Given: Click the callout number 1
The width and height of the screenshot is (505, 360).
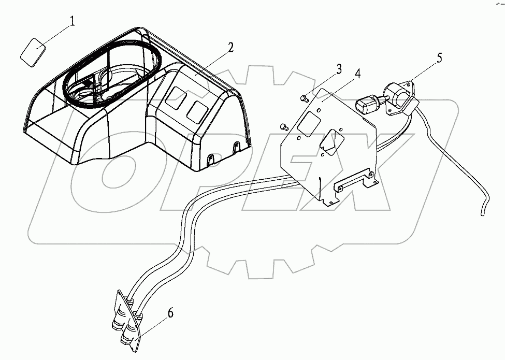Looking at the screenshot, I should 73,21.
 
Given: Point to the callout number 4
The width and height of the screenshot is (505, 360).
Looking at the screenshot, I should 357,73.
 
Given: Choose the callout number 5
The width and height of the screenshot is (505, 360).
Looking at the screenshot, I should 439,57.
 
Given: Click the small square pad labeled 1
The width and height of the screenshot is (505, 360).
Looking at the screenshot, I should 33,52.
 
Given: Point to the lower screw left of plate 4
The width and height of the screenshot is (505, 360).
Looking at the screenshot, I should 283,125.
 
